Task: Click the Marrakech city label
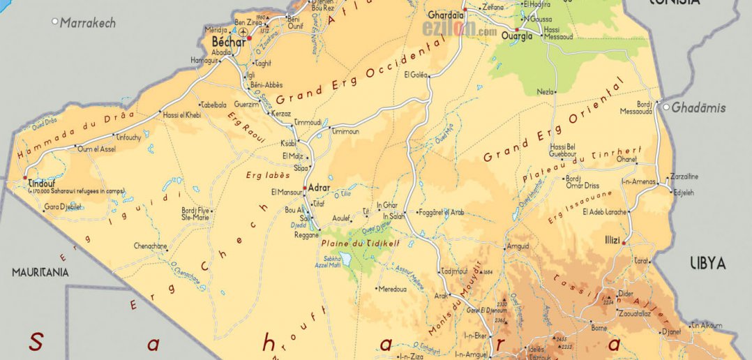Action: [x=87, y=23]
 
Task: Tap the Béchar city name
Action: [x=227, y=43]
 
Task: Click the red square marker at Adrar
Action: [x=305, y=188]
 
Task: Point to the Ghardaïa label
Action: [x=446, y=14]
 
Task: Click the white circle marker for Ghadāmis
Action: [x=666, y=107]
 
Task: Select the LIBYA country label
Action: [x=707, y=264]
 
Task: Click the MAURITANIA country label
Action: [x=40, y=272]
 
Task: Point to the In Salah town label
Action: [x=394, y=216]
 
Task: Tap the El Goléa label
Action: [x=415, y=75]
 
